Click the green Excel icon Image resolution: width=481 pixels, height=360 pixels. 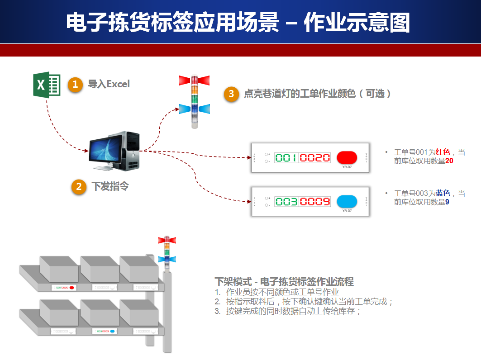[x=47, y=84]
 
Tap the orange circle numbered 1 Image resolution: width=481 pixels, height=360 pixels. [x=75, y=84]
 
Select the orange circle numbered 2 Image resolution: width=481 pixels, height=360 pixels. [x=79, y=186]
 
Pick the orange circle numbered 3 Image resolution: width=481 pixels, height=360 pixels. [x=231, y=94]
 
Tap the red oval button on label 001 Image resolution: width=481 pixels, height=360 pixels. [x=347, y=157]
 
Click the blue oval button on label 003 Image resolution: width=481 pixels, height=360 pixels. [x=347, y=201]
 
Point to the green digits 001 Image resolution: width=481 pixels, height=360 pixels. [x=286, y=158]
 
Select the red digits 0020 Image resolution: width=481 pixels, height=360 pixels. [x=315, y=158]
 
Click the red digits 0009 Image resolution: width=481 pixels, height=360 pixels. [x=315, y=202]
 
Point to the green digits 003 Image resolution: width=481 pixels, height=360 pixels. [x=286, y=202]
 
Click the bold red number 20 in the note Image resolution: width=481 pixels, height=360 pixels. [x=449, y=161]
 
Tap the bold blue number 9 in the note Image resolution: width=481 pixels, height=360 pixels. [x=447, y=202]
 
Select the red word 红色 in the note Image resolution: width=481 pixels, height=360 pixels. [x=443, y=152]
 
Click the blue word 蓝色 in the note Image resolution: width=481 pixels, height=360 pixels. [x=443, y=194]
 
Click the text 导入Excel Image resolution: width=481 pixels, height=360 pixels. [x=109, y=84]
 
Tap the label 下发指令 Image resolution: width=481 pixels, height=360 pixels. [x=110, y=186]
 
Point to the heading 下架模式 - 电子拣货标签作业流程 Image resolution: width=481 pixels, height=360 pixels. [x=284, y=282]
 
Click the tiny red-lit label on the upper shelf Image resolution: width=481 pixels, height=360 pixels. [x=64, y=287]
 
